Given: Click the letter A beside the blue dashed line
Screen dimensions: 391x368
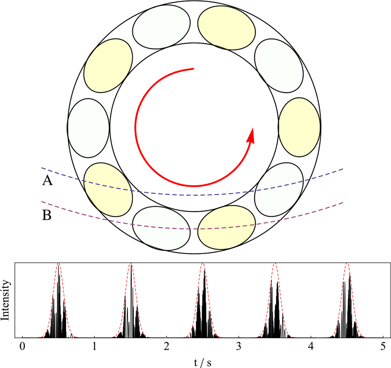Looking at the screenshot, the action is click(48, 181).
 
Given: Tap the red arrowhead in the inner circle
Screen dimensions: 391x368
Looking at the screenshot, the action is click(251, 135).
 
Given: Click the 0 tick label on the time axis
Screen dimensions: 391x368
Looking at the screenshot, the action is click(22, 347).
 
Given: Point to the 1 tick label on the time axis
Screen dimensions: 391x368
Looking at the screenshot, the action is click(94, 347).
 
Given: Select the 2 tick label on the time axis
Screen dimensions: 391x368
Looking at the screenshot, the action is click(167, 347).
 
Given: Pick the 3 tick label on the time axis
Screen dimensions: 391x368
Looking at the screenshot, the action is click(239, 347).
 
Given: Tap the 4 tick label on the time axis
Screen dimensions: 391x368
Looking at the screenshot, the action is click(311, 347).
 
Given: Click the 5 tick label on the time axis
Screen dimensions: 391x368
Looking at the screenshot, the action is click(383, 347).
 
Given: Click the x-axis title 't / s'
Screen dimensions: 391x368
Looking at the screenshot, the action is click(203, 362).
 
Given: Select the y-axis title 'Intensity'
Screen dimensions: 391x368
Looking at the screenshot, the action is click(5, 300).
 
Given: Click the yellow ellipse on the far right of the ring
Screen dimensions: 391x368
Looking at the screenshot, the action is click(299, 127).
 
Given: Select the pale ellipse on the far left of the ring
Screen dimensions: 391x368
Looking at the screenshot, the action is click(88, 128).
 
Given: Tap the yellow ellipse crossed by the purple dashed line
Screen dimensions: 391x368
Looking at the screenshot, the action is click(226, 228).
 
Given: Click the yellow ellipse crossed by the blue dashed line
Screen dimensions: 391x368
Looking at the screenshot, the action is click(108, 190).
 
